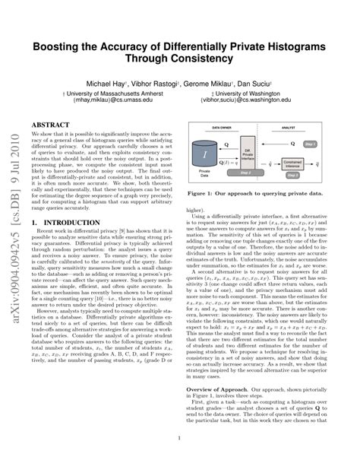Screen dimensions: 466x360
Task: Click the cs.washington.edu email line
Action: [254, 100]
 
